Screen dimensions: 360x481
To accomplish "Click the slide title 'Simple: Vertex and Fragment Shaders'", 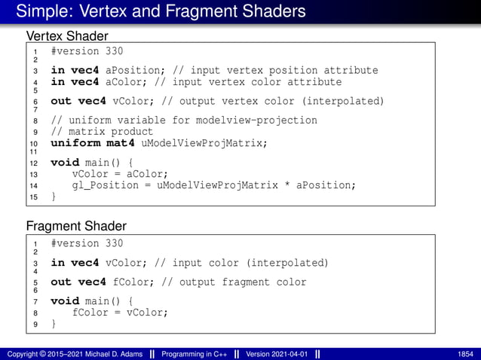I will click(161, 11).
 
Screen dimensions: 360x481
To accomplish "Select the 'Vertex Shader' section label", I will click(67, 36).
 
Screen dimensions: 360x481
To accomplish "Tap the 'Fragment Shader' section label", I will click(76, 226).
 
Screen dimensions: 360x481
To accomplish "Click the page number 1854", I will click(465, 353).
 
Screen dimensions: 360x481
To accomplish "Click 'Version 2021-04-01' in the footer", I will click(275, 353).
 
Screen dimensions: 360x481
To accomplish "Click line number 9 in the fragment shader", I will click(33, 325).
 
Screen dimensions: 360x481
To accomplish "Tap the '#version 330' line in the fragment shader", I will click(87, 243).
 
